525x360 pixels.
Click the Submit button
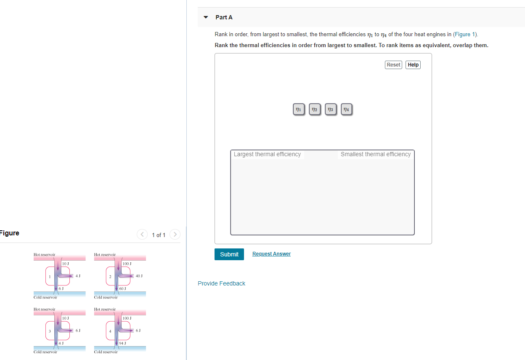tap(229, 254)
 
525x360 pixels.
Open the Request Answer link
tap(271, 254)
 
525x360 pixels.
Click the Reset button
tap(393, 65)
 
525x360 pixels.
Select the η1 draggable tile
tap(299, 109)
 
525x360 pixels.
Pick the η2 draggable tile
tap(315, 109)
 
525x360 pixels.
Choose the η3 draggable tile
tap(331, 109)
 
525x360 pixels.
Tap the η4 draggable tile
tap(346, 109)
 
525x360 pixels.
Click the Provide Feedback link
tap(221, 283)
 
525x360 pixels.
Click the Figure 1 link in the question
tap(465, 35)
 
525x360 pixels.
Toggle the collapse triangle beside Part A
tap(206, 17)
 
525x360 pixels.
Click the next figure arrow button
tap(175, 234)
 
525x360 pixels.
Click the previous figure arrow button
tap(142, 234)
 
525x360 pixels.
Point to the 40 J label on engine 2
tap(139, 276)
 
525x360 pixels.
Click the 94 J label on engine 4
tap(122, 343)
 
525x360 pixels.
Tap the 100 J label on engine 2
tap(127, 264)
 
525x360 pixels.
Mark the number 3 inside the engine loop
tap(50, 331)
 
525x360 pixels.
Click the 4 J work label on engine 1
tap(78, 276)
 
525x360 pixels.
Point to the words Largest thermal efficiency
tap(267, 155)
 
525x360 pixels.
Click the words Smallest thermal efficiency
tap(376, 155)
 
